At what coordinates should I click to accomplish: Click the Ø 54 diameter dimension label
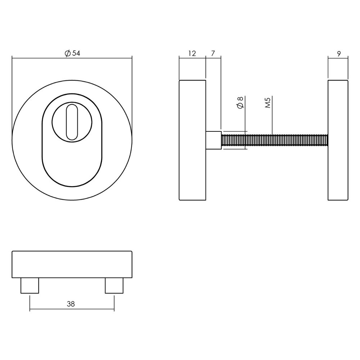pyautogui.click(x=72, y=53)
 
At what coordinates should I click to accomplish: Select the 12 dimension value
pyautogui.click(x=192, y=53)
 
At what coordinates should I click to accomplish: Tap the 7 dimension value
pyautogui.click(x=213, y=53)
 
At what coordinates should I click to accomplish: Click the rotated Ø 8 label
pyautogui.click(x=241, y=103)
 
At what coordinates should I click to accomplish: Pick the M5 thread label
pyautogui.click(x=267, y=103)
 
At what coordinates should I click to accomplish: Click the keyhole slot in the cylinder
pyautogui.click(x=72, y=121)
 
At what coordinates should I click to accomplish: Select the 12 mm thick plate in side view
pyautogui.click(x=192, y=140)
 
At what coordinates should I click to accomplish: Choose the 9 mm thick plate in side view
pyautogui.click(x=338, y=140)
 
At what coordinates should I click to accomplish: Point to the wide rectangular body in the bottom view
pyautogui.click(x=72, y=264)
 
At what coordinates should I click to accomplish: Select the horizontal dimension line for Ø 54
pyautogui.click(x=43, y=57)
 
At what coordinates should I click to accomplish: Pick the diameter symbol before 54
pyautogui.click(x=67, y=53)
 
